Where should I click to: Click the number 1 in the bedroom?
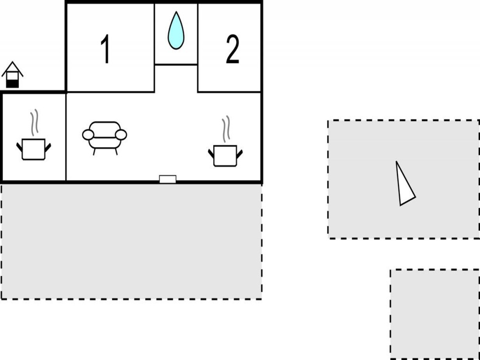(x=105, y=49)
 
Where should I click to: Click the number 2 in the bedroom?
(x=232, y=49)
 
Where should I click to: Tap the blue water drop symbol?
(x=176, y=30)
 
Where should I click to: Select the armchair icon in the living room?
(x=105, y=138)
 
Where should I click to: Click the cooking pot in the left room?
(x=34, y=149)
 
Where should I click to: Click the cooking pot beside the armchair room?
(x=225, y=156)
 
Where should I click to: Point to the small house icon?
(x=12, y=75)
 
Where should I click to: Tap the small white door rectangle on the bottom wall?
(x=168, y=179)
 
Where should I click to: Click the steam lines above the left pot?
(x=34, y=122)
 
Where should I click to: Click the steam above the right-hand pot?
(x=226, y=129)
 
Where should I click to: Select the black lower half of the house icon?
(x=12, y=84)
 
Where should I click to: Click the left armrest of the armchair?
(x=88, y=135)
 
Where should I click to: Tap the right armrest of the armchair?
(x=121, y=135)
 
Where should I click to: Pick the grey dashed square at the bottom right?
(x=435, y=315)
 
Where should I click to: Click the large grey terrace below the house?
(x=132, y=242)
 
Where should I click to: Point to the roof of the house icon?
(x=12, y=69)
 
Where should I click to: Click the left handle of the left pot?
(x=20, y=147)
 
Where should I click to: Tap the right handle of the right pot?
(x=239, y=154)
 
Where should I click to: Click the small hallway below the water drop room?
(x=176, y=78)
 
